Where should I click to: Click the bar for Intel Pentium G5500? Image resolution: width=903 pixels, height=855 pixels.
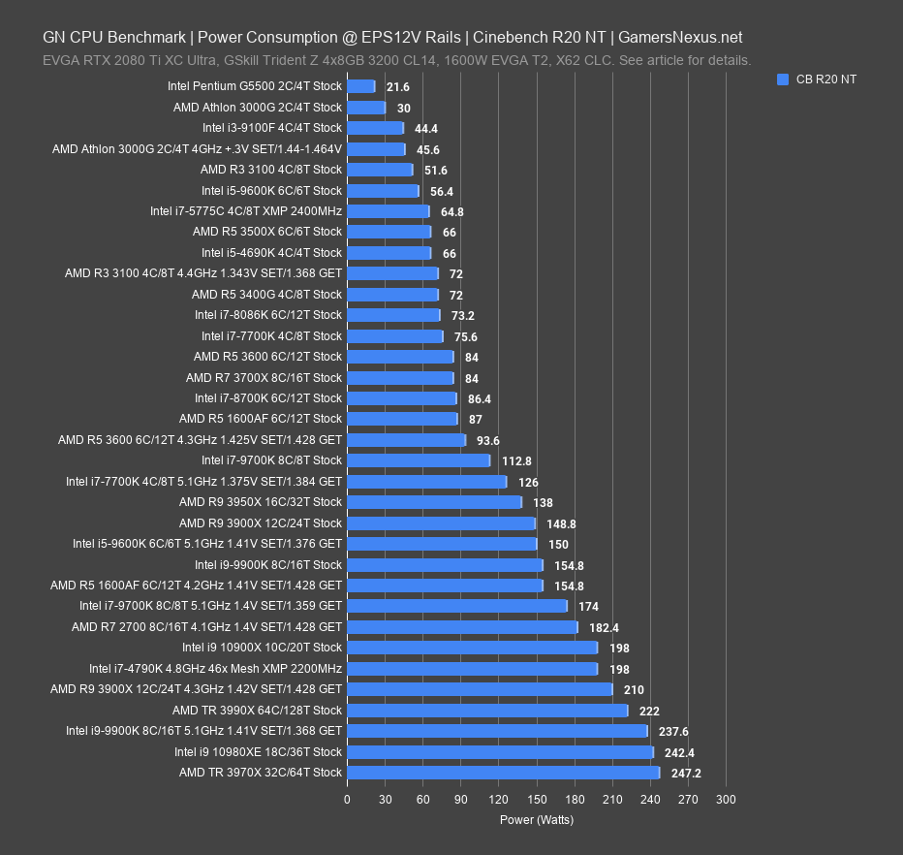[360, 86]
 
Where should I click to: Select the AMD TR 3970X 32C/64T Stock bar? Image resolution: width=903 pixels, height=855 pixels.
[503, 773]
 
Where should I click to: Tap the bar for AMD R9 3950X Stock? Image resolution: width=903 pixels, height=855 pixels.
[434, 502]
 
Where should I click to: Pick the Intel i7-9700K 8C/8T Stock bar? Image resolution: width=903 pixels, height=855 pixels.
[419, 460]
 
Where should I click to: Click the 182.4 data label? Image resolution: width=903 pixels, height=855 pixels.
[605, 628]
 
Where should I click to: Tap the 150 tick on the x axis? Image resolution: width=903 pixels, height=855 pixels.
[536, 800]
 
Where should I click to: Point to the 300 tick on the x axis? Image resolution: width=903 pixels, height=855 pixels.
[726, 800]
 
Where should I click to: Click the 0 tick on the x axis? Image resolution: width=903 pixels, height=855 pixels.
[347, 800]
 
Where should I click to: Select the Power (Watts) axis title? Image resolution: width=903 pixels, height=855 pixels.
[536, 819]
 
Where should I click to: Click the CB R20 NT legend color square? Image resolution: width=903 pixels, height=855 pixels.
[783, 80]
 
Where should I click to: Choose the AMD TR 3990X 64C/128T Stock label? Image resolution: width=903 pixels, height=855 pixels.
[257, 711]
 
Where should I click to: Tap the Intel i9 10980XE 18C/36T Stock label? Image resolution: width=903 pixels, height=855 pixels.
[258, 752]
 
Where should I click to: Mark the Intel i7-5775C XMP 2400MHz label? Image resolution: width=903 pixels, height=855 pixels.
[246, 211]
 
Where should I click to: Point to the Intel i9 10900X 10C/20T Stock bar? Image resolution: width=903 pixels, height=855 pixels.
[472, 648]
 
